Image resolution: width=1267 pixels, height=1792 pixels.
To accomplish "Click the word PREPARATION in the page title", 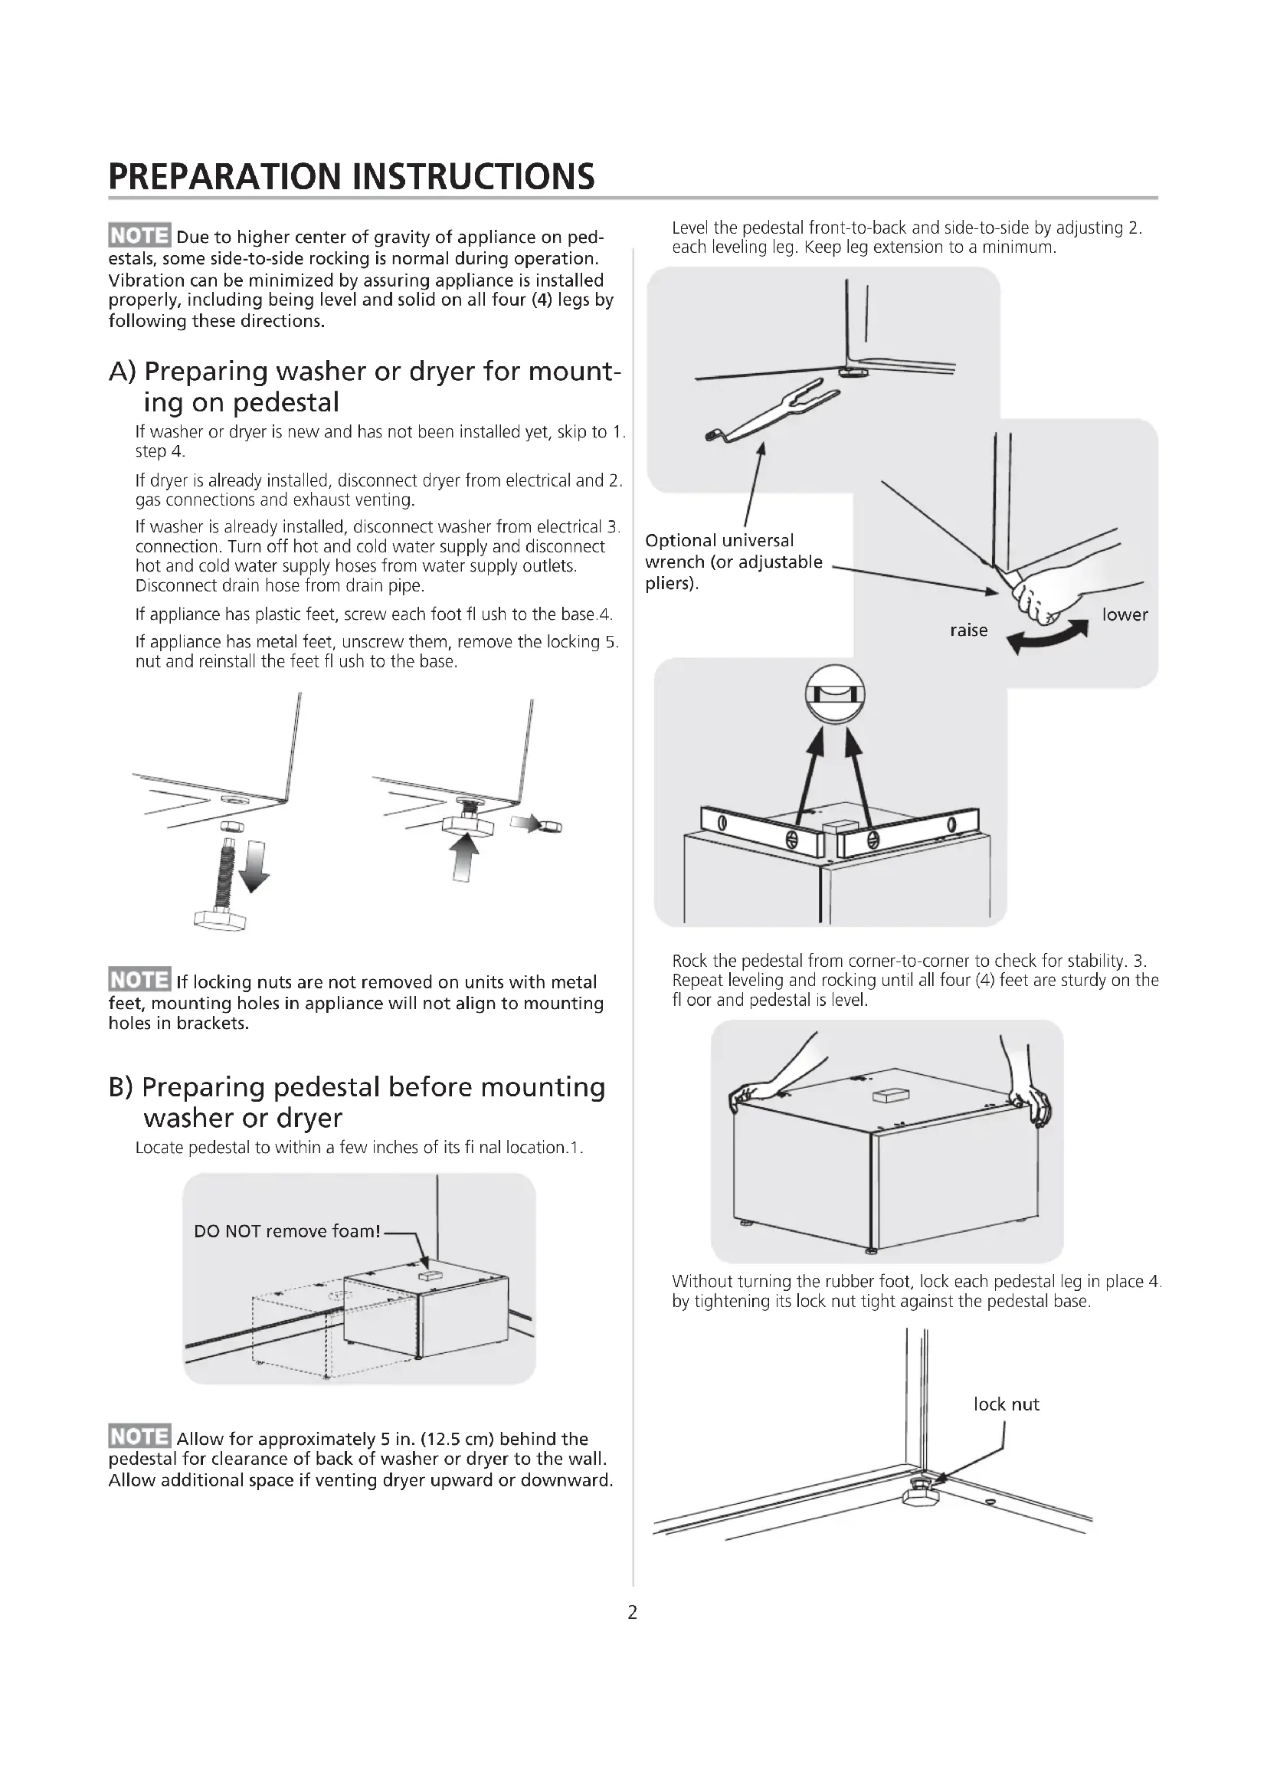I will pyautogui.click(x=226, y=176).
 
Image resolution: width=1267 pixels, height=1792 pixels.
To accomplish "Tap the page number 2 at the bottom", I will pyautogui.click(x=633, y=1612).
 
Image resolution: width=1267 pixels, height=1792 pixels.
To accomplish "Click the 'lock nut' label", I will pyautogui.click(x=1006, y=1404).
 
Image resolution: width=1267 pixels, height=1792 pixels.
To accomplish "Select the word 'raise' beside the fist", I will pyautogui.click(x=968, y=630).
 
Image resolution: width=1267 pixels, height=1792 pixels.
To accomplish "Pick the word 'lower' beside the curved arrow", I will pyautogui.click(x=1125, y=614).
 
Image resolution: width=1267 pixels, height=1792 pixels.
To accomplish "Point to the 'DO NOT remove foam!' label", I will pyautogui.click(x=287, y=1231).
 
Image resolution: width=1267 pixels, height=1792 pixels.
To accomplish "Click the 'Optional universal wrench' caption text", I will pyautogui.click(x=733, y=562).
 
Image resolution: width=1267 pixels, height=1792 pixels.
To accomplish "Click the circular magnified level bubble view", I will pyautogui.click(x=834, y=694).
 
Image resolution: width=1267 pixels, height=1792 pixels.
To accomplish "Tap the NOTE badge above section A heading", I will pyautogui.click(x=139, y=236).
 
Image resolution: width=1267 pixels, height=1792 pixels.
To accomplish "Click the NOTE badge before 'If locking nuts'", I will pyautogui.click(x=139, y=980).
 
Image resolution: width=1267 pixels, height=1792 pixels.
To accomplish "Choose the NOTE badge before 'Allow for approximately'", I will pyautogui.click(x=139, y=1436).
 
